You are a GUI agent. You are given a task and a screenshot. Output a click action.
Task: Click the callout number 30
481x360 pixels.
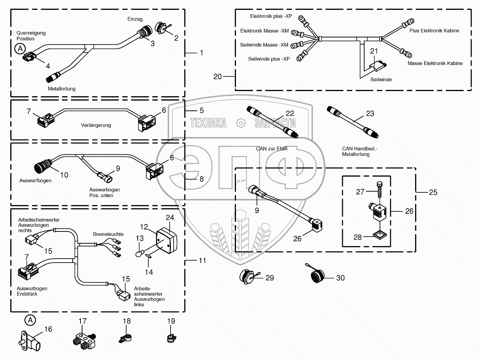point(340,278)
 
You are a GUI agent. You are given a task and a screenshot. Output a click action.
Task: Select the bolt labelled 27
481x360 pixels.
point(380,189)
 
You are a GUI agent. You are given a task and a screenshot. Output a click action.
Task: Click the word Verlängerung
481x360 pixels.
point(96,125)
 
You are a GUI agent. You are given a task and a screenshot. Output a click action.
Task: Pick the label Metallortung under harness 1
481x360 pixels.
point(62,89)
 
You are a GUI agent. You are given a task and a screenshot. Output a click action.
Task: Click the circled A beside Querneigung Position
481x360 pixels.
point(19,49)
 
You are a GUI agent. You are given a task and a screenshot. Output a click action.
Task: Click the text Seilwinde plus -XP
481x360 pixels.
point(269,59)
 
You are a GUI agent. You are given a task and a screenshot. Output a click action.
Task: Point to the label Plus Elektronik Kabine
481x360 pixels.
point(434,31)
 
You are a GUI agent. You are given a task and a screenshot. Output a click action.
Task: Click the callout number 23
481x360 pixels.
point(370,114)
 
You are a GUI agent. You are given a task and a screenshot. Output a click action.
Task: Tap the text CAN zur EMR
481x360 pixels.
point(271,149)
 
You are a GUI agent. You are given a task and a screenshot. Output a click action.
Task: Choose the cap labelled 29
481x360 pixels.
point(248,278)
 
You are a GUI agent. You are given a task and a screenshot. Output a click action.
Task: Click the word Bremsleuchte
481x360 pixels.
point(108,234)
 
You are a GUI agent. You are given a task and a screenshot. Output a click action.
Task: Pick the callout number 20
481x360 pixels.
point(218,76)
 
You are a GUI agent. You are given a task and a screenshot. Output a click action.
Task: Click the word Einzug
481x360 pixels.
point(135,19)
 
